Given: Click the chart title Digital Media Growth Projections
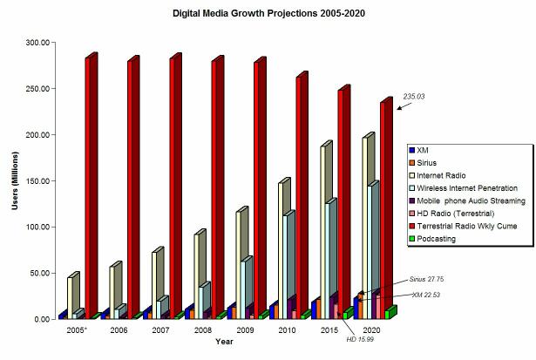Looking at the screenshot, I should [268, 13].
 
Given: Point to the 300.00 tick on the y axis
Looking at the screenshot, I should [38, 43].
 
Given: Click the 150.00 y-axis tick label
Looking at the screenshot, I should [38, 180].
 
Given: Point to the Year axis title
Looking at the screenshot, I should [224, 343].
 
